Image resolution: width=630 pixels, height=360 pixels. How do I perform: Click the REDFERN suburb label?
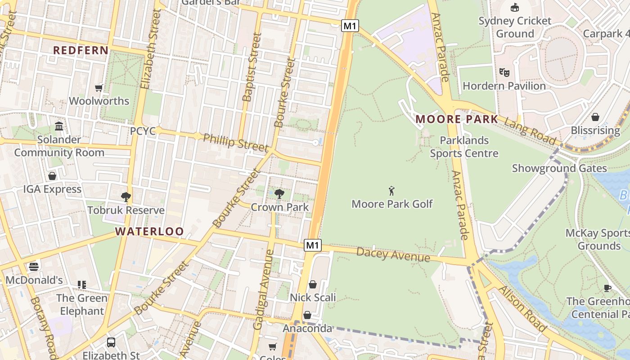coord(81,50)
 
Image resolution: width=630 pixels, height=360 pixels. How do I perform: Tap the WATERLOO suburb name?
coord(149,232)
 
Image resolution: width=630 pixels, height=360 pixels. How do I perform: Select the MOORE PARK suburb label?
coord(457,119)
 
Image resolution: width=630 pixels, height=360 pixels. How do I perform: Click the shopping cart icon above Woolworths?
coord(99,88)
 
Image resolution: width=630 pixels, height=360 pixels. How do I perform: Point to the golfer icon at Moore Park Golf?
coord(391,191)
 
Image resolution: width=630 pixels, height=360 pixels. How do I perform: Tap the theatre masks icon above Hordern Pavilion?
coord(504,72)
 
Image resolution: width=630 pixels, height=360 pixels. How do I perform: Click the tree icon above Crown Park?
coord(279,194)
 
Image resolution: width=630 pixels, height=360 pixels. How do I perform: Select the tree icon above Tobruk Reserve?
coord(126,197)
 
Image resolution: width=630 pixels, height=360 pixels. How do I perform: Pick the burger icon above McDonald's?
coord(34,266)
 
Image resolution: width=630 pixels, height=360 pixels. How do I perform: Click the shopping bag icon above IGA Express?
coord(52,176)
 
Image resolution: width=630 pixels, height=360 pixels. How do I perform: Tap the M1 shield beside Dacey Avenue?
coord(313,245)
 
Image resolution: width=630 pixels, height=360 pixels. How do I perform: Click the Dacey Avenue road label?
coord(393,254)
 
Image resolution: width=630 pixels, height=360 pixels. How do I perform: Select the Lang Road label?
coord(530,130)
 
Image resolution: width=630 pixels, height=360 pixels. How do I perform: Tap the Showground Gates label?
coord(559,168)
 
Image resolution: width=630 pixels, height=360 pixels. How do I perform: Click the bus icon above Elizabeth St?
coord(111,342)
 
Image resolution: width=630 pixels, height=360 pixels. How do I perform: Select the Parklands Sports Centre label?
coord(464,147)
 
